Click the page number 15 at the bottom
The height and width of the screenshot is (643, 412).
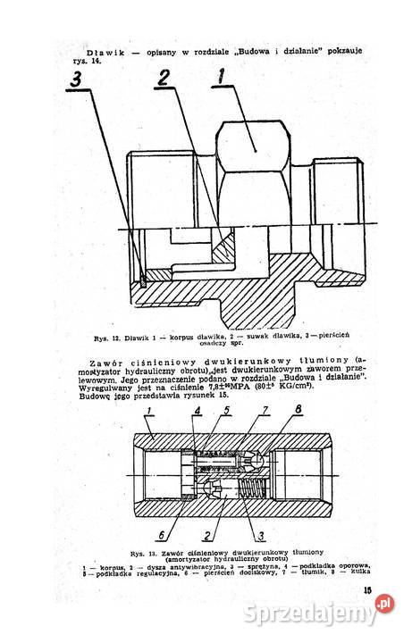pyautogui.click(x=368, y=589)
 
